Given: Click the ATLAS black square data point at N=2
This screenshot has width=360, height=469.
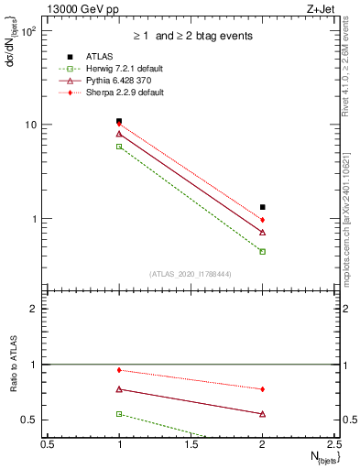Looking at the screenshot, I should click(263, 207).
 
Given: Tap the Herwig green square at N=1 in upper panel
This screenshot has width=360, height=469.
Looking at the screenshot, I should click(119, 147).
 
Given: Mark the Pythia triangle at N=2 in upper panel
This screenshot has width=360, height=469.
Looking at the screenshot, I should click(263, 233).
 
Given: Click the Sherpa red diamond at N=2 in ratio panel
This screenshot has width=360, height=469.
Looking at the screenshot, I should click(263, 389).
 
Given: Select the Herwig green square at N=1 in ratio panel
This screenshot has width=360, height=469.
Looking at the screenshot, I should click(119, 414).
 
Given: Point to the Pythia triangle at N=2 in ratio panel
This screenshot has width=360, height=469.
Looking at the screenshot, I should click(263, 414).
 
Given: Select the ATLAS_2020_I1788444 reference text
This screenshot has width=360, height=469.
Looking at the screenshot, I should click(191, 274).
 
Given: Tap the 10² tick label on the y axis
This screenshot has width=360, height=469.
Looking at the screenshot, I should click(29, 30).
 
